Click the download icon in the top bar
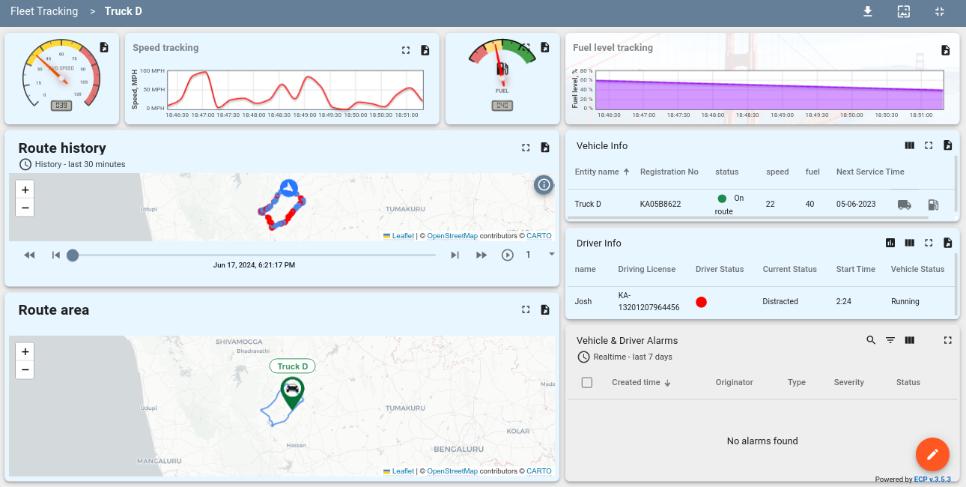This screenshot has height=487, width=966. tap(868, 11)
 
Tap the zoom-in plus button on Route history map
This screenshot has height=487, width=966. tap(25, 190)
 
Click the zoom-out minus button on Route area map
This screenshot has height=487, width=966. tap(25, 369)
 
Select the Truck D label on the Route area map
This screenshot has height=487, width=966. tap(292, 366)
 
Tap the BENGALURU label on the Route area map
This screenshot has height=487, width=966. tap(458, 449)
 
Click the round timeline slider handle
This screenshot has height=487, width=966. tap(73, 255)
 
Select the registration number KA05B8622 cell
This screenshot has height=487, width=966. tap(660, 204)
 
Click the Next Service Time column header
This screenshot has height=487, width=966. tap(870, 172)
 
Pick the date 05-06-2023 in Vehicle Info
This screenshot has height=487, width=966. tap(857, 204)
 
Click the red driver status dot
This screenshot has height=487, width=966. tap(702, 302)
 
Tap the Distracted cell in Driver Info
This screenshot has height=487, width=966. tap(780, 301)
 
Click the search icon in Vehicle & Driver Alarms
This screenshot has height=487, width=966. tap(871, 340)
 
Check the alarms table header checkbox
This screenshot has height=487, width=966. tap(587, 382)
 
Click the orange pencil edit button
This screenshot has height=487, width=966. tap(932, 454)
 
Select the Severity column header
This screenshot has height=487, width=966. tap(849, 382)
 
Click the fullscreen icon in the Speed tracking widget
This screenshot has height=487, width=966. tap(406, 50)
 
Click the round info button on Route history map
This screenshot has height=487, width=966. tap(544, 184)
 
